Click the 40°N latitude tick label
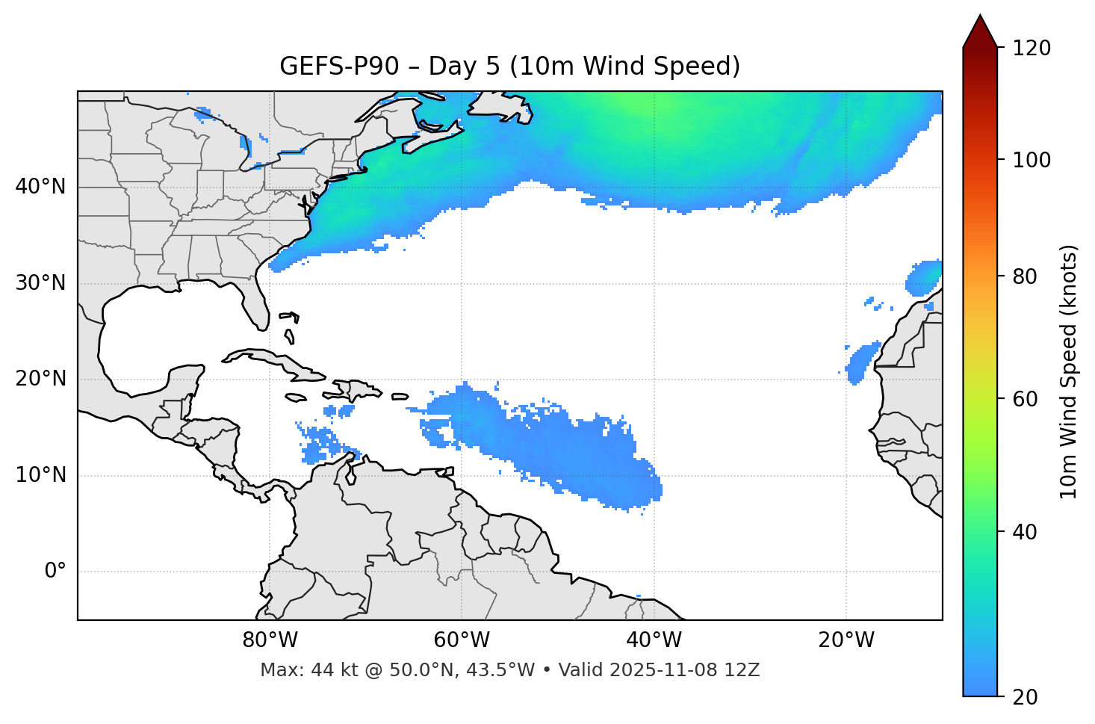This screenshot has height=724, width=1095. pyautogui.click(x=40, y=187)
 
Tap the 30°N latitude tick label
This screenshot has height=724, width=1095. pyautogui.click(x=40, y=283)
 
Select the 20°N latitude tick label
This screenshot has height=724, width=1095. pyautogui.click(x=40, y=379)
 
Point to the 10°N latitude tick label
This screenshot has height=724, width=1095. pyautogui.click(x=40, y=475)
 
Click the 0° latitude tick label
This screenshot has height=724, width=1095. pyautogui.click(x=55, y=572)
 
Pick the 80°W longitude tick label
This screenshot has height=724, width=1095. pyautogui.click(x=270, y=640)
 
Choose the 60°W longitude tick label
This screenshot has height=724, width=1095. pyautogui.click(x=462, y=640)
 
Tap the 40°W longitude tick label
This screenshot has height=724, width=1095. pyautogui.click(x=654, y=640)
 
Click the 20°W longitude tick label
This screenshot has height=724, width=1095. pyautogui.click(x=846, y=640)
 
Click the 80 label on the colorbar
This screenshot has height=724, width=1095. pyautogui.click(x=1029, y=276)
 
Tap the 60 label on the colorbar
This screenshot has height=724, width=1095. pyautogui.click(x=1029, y=399)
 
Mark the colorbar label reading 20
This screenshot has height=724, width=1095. pyautogui.click(x=1029, y=697)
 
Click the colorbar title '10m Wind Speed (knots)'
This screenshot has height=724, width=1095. pyautogui.click(x=1069, y=371)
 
